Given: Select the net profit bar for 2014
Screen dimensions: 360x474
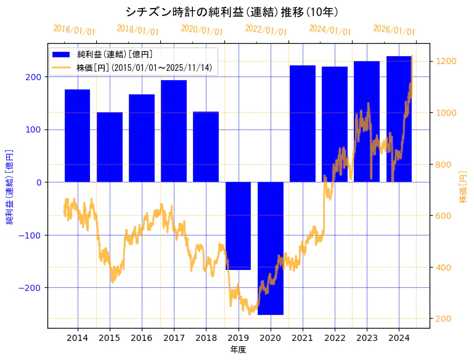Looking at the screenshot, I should [78, 136].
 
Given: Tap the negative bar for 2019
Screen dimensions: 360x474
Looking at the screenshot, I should [238, 226].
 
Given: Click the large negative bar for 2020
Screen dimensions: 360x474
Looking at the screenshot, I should [270, 248].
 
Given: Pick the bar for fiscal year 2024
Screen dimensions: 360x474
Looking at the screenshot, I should [399, 119].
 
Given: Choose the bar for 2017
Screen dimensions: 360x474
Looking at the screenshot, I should [174, 131].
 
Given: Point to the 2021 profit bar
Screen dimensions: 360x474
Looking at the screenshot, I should [303, 123].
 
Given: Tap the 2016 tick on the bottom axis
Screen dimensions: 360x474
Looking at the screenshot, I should [142, 338].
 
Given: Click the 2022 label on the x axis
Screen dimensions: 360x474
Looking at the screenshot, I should [335, 338].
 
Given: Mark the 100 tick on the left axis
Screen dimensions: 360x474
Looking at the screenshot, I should [35, 130].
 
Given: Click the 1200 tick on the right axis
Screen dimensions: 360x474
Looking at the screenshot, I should [446, 61].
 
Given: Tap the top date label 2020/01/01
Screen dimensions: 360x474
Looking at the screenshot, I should [202, 30].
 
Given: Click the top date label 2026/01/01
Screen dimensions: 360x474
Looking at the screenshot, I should [394, 30].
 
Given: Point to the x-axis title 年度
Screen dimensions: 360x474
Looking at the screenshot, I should [238, 350].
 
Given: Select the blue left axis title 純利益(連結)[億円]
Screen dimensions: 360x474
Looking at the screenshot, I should [10, 187].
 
